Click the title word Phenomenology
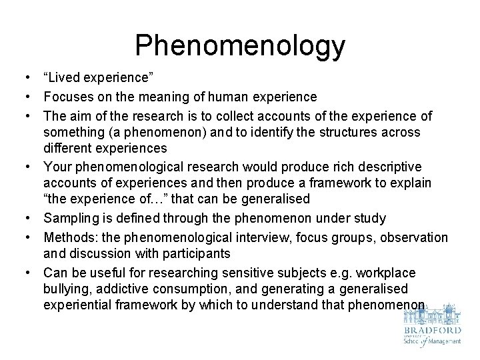pyautogui.click(x=240, y=45)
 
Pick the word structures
pyautogui.click(x=336, y=132)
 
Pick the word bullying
pyautogui.click(x=65, y=289)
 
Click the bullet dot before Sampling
pyautogui.click(x=31, y=219)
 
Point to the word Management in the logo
pyautogui.click(x=442, y=341)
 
